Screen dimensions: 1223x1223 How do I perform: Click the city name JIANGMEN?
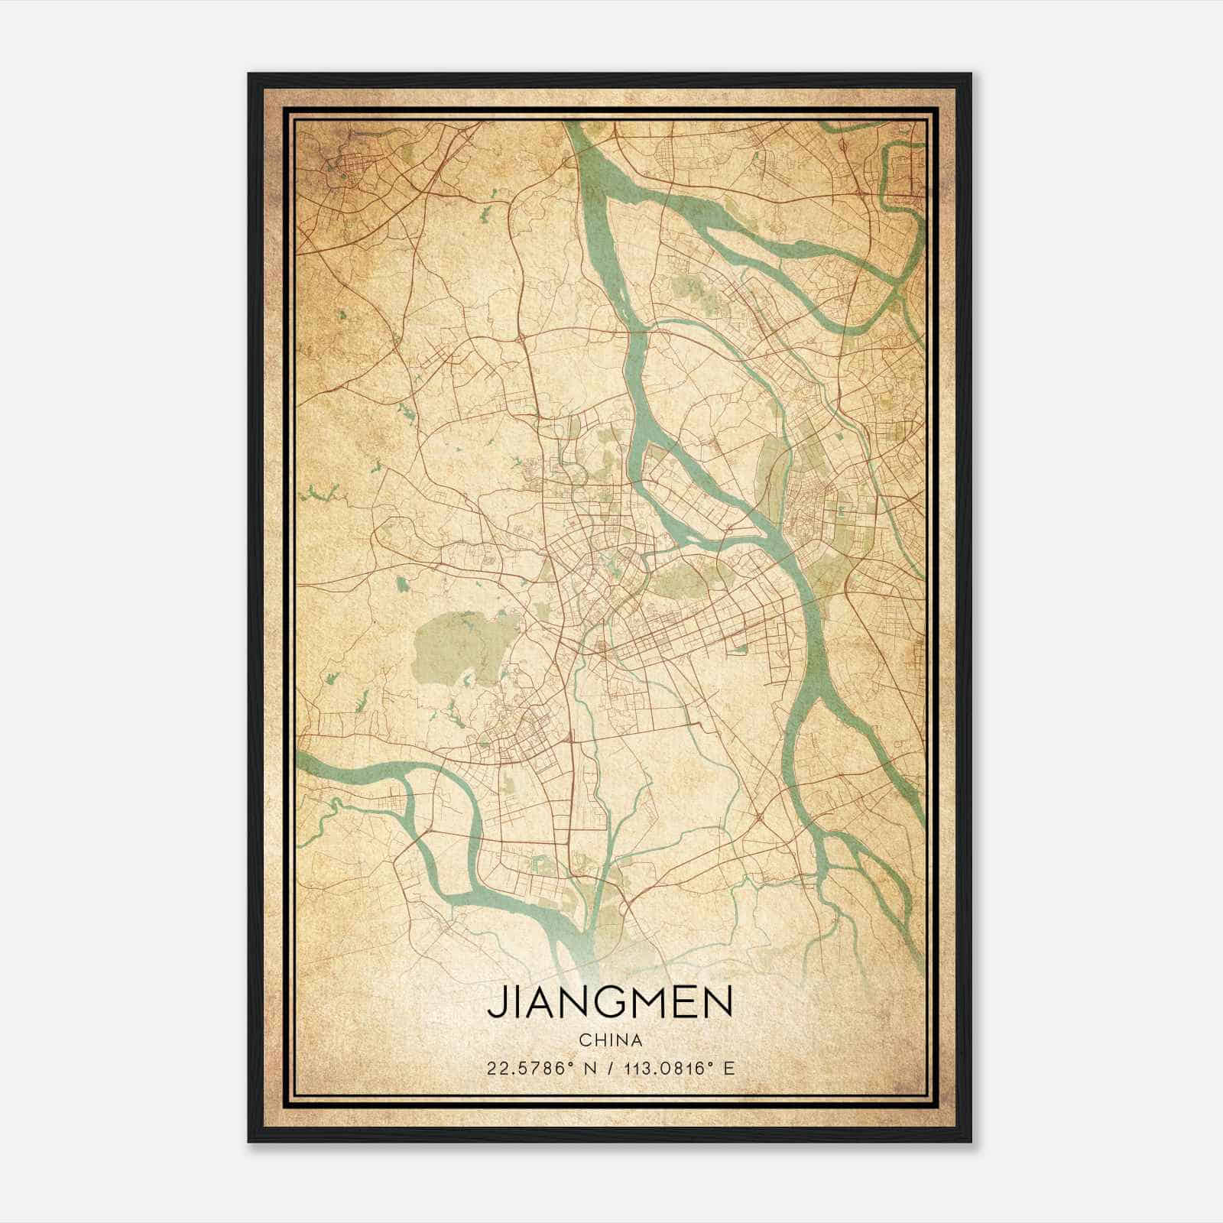(x=610, y=1001)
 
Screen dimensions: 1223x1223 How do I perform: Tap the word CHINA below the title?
(x=610, y=1040)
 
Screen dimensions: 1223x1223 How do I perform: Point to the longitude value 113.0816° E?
(x=676, y=1069)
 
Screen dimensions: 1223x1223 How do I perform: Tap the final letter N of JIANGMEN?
(x=718, y=1001)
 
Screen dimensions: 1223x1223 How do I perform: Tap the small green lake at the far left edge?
(x=317, y=495)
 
